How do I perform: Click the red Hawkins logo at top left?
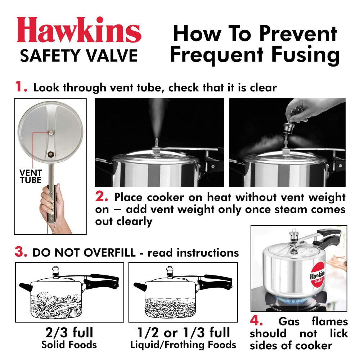pyautogui.click(x=78, y=30)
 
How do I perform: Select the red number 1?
pyautogui.click(x=21, y=87)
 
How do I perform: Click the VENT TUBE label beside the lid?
pyautogui.click(x=31, y=176)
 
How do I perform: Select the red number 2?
pyautogui.click(x=102, y=197)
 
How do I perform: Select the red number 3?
pyautogui.click(x=21, y=252)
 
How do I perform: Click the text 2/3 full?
pyautogui.click(x=69, y=332)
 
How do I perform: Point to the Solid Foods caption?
pyautogui.click(x=69, y=345)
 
